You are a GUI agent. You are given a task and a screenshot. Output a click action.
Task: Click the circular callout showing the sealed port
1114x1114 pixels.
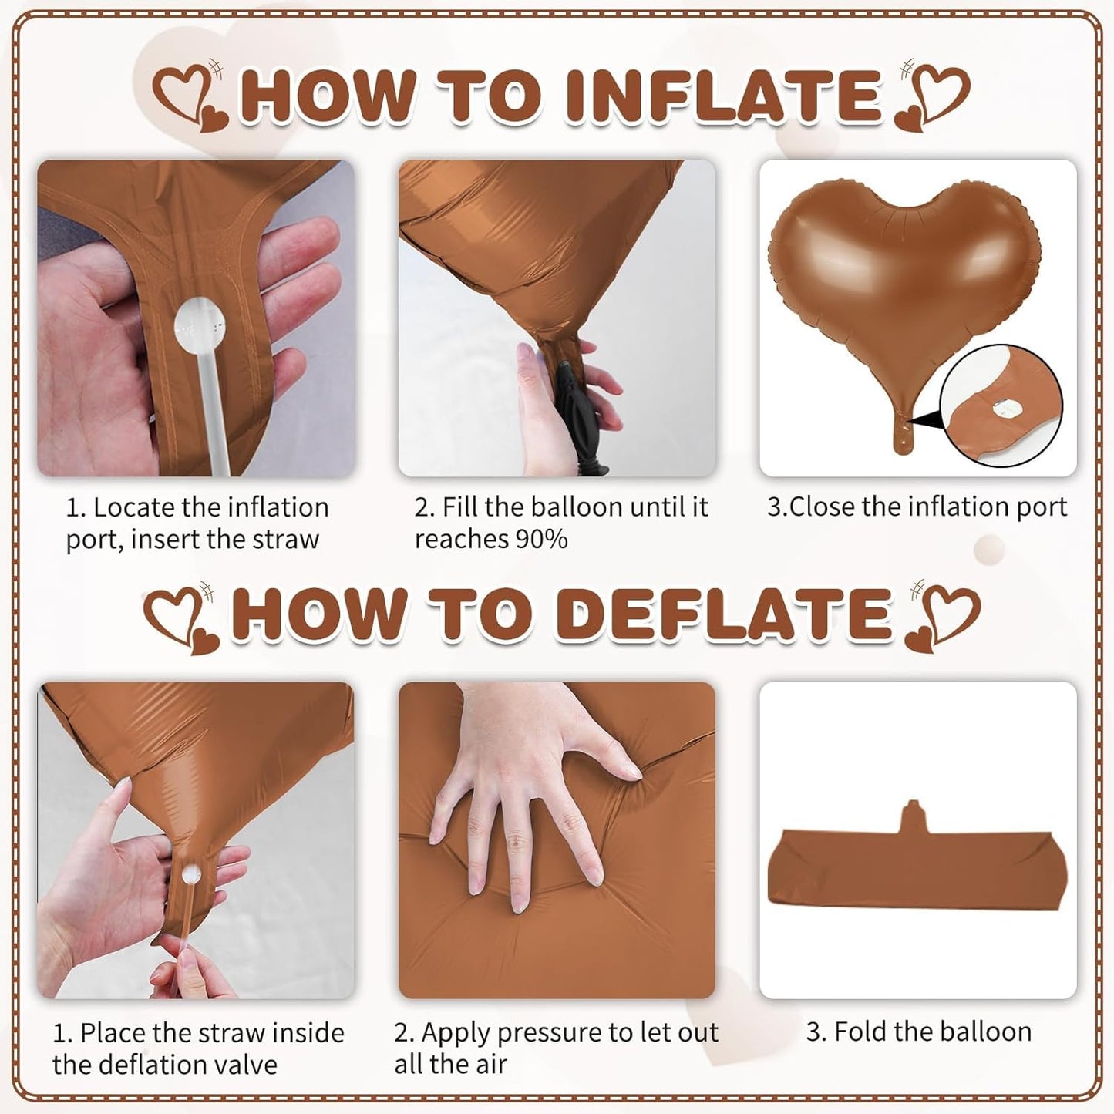click(1001, 406)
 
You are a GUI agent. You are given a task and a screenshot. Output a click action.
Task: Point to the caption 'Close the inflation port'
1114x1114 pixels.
click(917, 507)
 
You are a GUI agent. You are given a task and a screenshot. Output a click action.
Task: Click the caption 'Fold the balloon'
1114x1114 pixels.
click(918, 1032)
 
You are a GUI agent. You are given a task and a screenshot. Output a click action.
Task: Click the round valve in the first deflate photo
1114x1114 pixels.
click(190, 873)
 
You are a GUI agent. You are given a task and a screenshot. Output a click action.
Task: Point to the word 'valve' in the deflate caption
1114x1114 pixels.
click(241, 1065)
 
